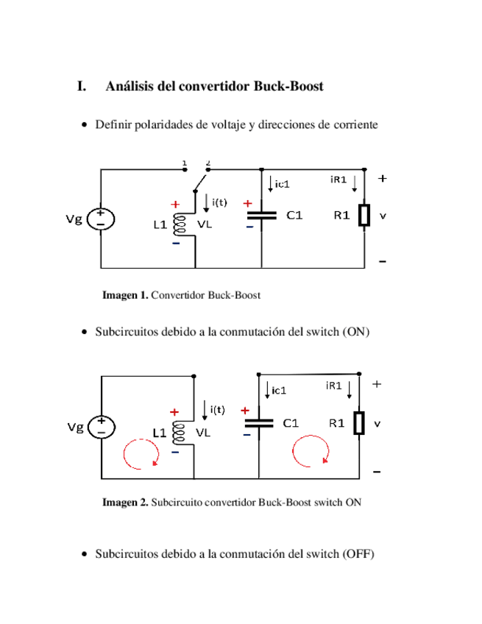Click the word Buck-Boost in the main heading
click(288, 86)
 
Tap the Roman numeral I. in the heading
click(82, 86)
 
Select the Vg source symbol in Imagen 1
click(100, 218)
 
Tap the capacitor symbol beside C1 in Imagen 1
click(261, 215)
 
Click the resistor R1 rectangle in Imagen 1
click(364, 216)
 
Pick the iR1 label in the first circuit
click(339, 179)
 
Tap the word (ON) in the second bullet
click(355, 332)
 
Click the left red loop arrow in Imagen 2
click(141, 454)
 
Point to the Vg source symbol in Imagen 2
click(100, 426)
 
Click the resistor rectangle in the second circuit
click(359, 424)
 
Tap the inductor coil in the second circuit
click(177, 433)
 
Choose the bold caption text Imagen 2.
click(125, 503)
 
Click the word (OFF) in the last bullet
click(358, 553)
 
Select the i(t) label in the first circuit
click(219, 202)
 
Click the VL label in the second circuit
click(202, 433)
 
